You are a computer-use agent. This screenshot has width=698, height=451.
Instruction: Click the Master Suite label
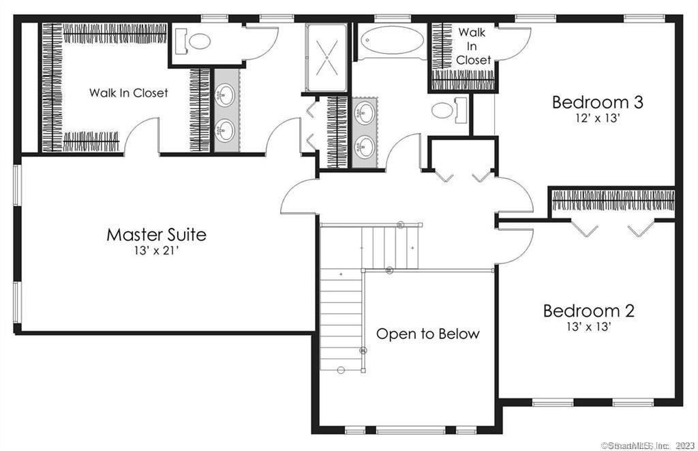pyautogui.click(x=156, y=235)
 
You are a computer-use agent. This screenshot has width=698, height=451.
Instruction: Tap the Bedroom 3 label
pyautogui.click(x=597, y=102)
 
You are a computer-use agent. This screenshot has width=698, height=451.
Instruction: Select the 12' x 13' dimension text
pyautogui.click(x=597, y=117)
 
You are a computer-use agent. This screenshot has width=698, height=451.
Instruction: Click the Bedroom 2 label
pyautogui.click(x=589, y=311)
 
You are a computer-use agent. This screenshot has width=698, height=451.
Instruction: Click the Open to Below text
pyautogui.click(x=428, y=334)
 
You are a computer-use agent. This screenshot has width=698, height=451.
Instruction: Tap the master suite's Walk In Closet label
pyautogui.click(x=128, y=93)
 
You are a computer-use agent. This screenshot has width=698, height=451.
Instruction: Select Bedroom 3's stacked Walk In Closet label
pyautogui.click(x=473, y=46)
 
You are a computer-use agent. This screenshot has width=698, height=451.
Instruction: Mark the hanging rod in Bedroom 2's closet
pyautogui.click(x=612, y=201)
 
